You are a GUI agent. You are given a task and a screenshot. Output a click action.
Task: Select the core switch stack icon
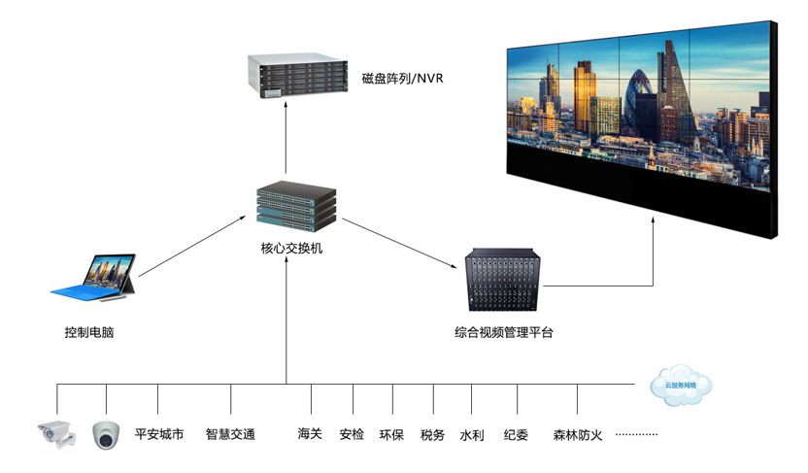[x=296, y=205]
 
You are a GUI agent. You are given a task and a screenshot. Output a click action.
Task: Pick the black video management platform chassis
[x=502, y=282]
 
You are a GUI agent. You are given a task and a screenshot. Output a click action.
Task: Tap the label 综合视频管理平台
[x=504, y=332]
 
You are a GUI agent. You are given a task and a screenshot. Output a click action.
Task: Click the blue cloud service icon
[x=681, y=385]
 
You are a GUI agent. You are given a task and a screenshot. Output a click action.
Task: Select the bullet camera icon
[x=55, y=433]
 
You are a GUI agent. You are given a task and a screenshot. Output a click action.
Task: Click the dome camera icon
[x=106, y=435]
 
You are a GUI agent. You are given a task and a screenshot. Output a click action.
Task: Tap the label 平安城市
[x=159, y=434]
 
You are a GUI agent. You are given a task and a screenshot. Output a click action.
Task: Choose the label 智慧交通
[x=230, y=434]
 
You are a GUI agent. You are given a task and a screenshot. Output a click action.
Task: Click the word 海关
[x=310, y=434]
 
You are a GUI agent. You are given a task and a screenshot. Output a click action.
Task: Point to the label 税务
[x=433, y=434]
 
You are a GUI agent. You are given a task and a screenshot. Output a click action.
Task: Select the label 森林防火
[x=578, y=434]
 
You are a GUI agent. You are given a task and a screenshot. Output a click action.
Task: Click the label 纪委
[x=517, y=434]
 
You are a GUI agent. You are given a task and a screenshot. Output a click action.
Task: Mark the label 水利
[x=472, y=434]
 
